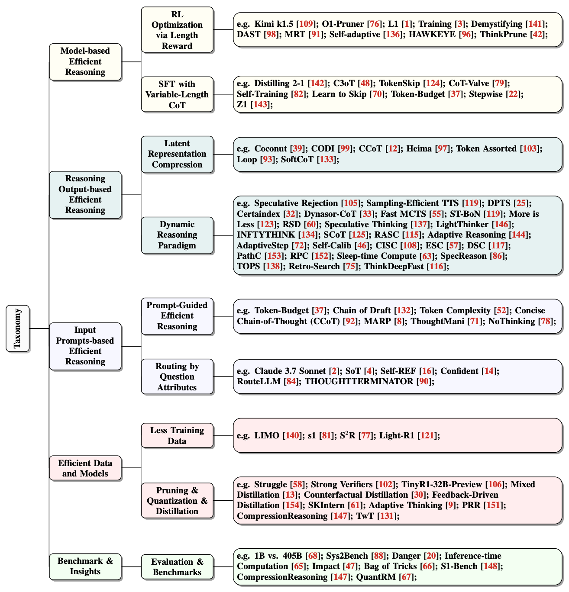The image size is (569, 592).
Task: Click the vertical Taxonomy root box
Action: point(18,328)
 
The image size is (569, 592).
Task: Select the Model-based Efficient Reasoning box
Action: point(85,62)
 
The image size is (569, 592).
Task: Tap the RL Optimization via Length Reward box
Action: point(177,30)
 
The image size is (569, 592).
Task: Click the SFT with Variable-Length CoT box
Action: point(177,94)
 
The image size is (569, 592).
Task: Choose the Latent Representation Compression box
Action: point(177,154)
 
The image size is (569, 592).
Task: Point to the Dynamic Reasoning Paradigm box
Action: point(177,235)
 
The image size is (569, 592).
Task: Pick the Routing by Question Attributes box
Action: point(177,376)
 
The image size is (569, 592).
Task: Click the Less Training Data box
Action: point(177,435)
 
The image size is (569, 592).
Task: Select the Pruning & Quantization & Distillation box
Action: point(177,501)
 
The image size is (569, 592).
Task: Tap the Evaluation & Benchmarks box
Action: point(177,567)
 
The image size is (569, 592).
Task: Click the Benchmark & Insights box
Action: point(85,566)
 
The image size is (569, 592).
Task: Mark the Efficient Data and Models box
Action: point(85,468)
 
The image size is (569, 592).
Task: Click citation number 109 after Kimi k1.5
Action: point(306,24)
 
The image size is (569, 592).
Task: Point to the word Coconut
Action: point(271,149)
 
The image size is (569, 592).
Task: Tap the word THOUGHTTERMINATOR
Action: point(359,381)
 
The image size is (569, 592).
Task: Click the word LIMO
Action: point(267,435)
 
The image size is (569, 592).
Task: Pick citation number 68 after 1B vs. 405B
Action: point(313,556)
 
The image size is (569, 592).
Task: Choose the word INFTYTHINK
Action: point(266,235)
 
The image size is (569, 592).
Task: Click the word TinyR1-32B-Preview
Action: point(442,484)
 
